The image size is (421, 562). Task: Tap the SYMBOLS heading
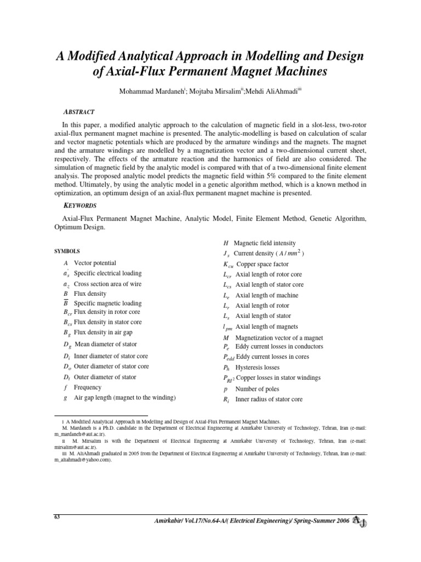(67, 251)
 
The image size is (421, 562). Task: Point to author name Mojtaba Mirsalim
(209, 90)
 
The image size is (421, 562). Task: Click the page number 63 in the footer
(56, 517)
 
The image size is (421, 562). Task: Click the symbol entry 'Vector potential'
(94, 263)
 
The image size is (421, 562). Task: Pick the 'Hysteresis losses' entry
(257, 368)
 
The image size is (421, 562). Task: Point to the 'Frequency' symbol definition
(88, 387)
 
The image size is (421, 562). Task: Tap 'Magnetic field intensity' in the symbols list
(264, 243)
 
